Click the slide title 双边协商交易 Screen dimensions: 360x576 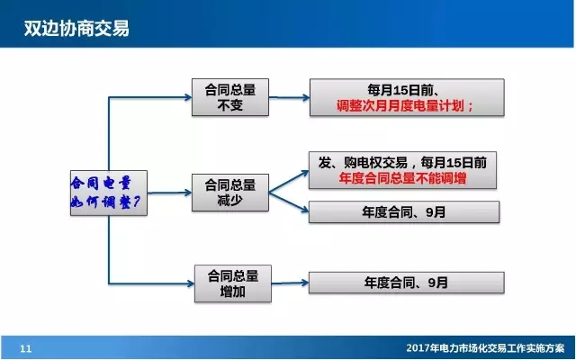click(76, 29)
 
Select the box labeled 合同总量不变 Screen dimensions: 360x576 click(231, 97)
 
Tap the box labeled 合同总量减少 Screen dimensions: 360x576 click(231, 192)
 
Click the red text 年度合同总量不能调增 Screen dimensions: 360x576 click(402, 179)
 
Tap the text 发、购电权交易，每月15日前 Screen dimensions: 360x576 click(402, 162)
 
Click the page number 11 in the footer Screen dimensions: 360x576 click(25, 348)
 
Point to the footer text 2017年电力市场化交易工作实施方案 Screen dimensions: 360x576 click(484, 348)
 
